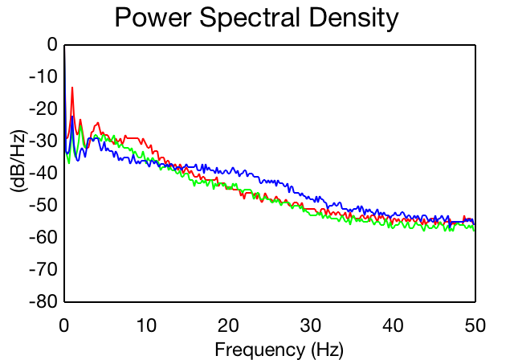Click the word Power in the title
(x=153, y=18)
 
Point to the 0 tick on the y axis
(x=52, y=44)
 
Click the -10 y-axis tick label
(x=43, y=76)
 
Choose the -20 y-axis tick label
(x=43, y=108)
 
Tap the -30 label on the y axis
(x=43, y=141)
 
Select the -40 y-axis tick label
(x=43, y=173)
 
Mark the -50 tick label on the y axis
(x=43, y=205)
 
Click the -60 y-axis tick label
(x=43, y=237)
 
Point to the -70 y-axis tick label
(x=43, y=269)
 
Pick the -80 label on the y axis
(x=43, y=301)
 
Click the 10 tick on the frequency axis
(x=146, y=325)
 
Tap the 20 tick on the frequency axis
(x=228, y=325)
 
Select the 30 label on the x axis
(x=311, y=325)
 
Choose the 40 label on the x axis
(x=393, y=325)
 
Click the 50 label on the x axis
(x=475, y=325)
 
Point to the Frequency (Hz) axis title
(x=279, y=350)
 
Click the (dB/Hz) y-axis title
(x=19, y=162)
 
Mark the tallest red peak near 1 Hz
(x=72, y=88)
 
